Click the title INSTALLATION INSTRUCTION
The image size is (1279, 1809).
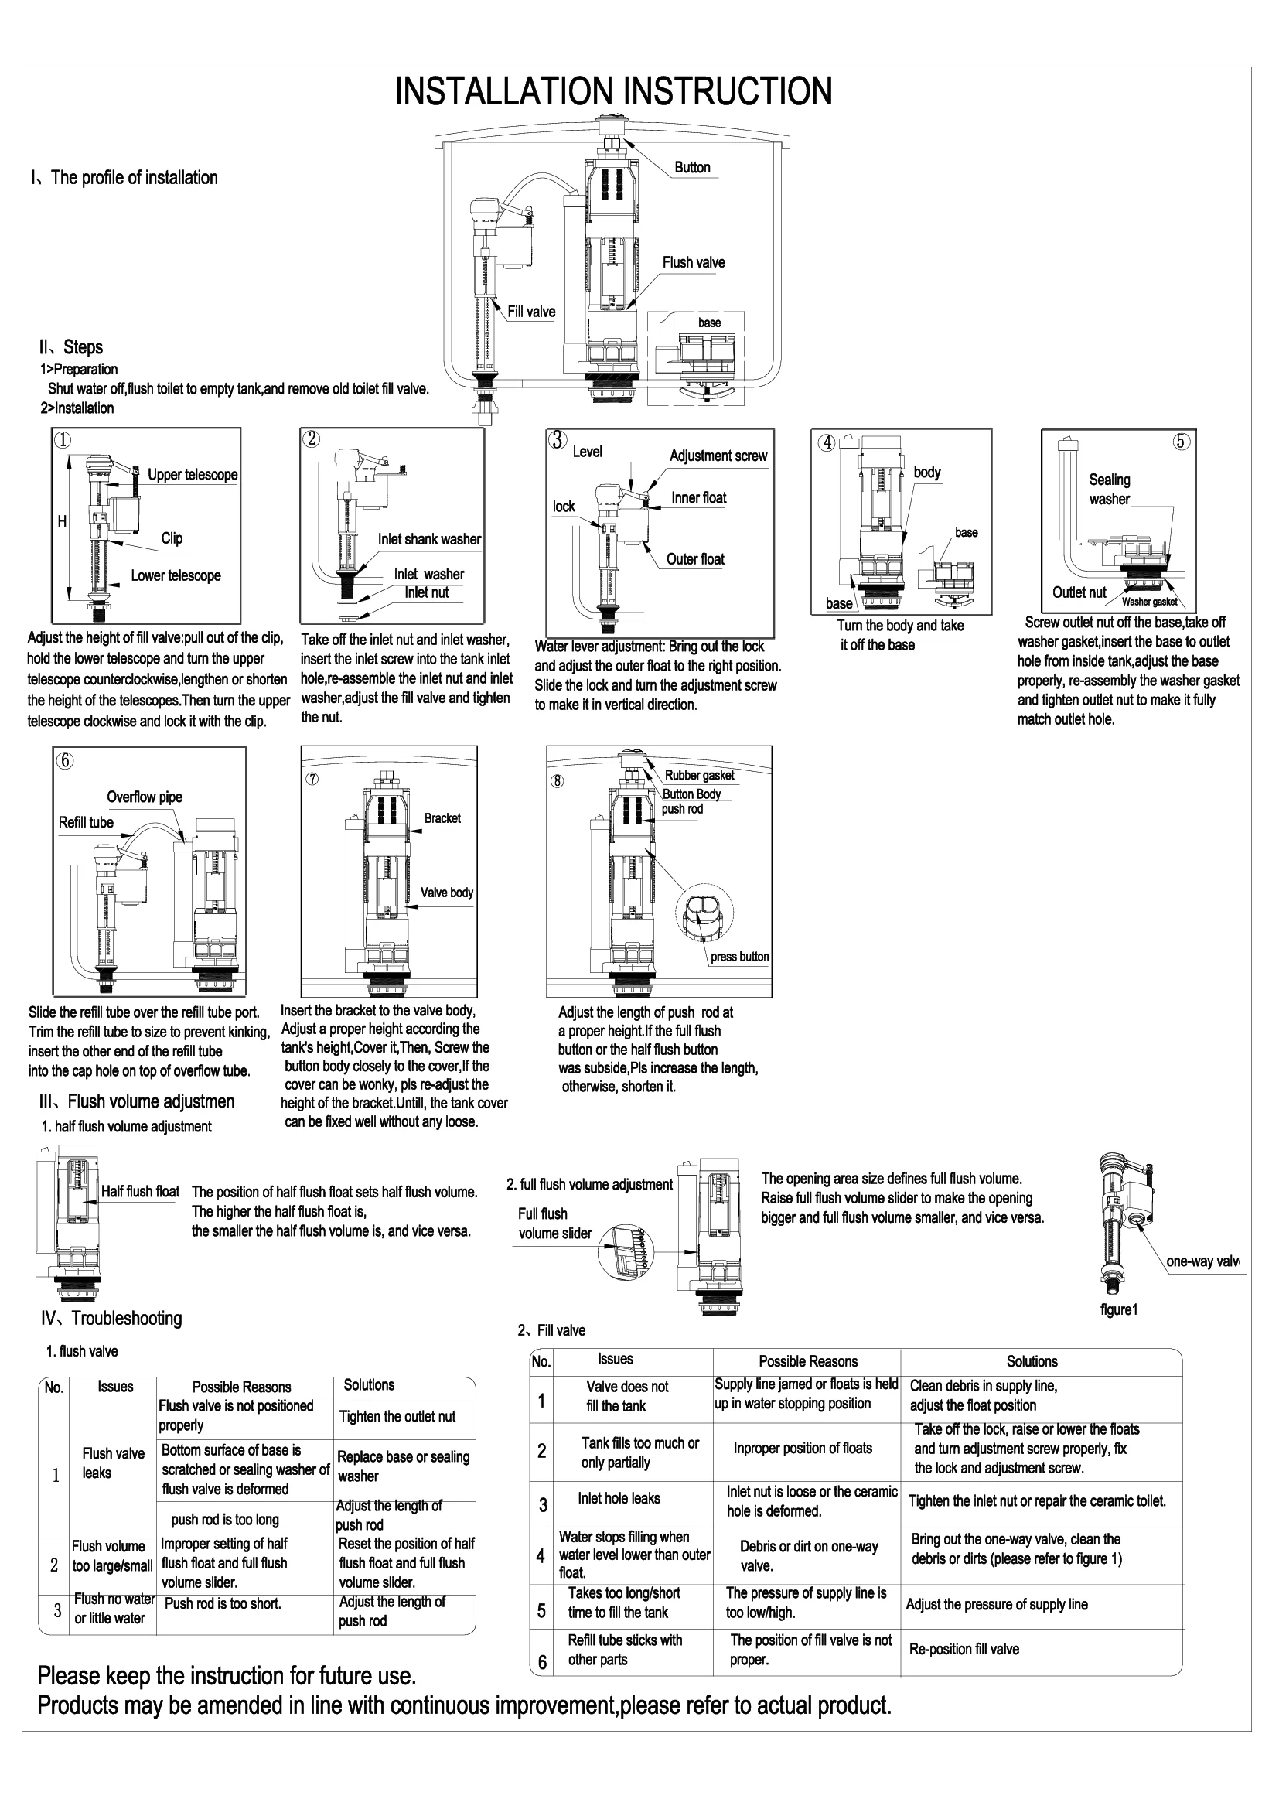(x=612, y=91)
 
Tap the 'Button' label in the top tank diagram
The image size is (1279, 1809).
(x=692, y=168)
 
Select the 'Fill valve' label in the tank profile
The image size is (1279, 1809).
(x=531, y=312)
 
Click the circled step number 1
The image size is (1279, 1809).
(x=61, y=439)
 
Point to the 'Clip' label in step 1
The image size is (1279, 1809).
(x=172, y=538)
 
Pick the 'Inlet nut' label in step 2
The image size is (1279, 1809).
(x=427, y=592)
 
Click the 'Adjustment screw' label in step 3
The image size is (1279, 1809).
(x=718, y=456)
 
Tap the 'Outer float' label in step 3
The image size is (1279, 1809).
(x=694, y=559)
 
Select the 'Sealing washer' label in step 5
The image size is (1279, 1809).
(x=1109, y=490)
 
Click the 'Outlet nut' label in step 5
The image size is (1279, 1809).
(x=1079, y=592)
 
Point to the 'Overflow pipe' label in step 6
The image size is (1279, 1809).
(x=145, y=797)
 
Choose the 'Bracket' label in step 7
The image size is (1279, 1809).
(x=442, y=818)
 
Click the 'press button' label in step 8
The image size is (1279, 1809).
(x=739, y=957)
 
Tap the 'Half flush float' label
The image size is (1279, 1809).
(x=140, y=1191)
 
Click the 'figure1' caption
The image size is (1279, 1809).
(x=1118, y=1310)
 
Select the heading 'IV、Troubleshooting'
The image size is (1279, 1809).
(x=111, y=1319)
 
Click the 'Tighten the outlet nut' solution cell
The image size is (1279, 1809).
(x=397, y=1417)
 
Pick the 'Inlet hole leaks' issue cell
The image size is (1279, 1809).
(x=619, y=1499)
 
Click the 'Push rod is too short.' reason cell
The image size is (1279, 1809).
(x=223, y=1603)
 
